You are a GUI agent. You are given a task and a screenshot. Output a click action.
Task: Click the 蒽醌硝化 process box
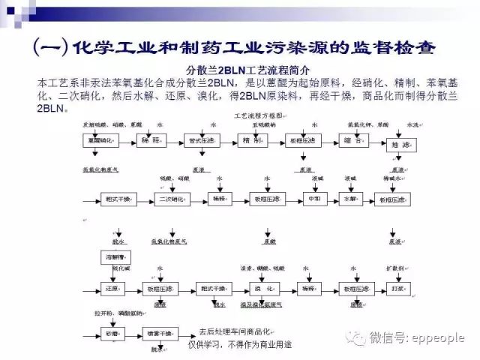click(x=102, y=141)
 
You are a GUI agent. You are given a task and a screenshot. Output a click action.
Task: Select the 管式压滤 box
click(x=203, y=141)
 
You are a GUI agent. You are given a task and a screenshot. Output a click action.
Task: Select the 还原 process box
click(x=112, y=288)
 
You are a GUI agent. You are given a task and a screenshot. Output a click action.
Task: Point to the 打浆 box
click(x=398, y=288)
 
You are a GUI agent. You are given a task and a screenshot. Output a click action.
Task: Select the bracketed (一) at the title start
click(x=50, y=46)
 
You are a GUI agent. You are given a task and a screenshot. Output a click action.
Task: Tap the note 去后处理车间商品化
click(x=232, y=330)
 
